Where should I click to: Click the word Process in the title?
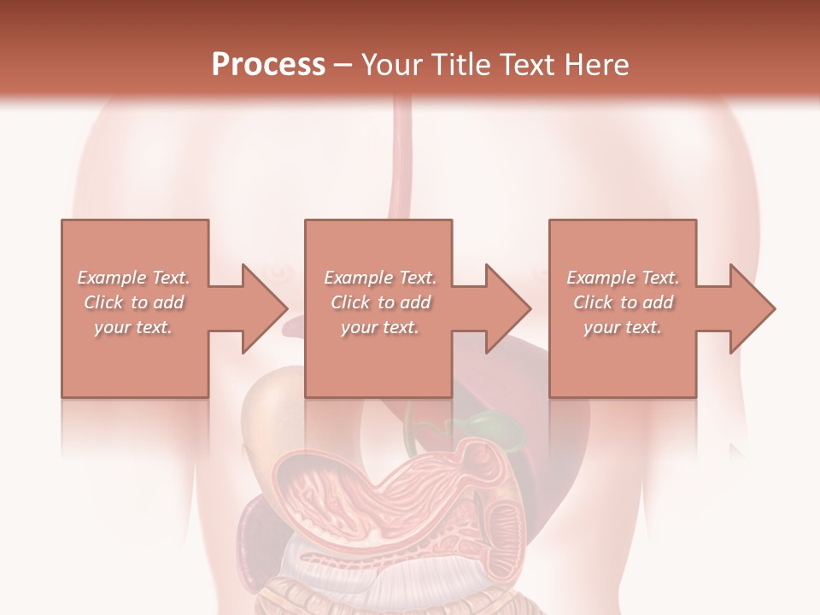pos(268,65)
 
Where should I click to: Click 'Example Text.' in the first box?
pos(133,278)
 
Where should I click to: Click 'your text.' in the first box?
pos(133,327)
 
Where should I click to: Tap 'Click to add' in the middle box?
pos(380,302)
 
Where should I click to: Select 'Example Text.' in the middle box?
pos(380,278)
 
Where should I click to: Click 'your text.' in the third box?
pos(623,327)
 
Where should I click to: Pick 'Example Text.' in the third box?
pos(623,278)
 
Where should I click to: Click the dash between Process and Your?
pos(343,66)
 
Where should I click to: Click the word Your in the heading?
pos(390,65)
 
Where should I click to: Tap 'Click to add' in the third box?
pos(623,302)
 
